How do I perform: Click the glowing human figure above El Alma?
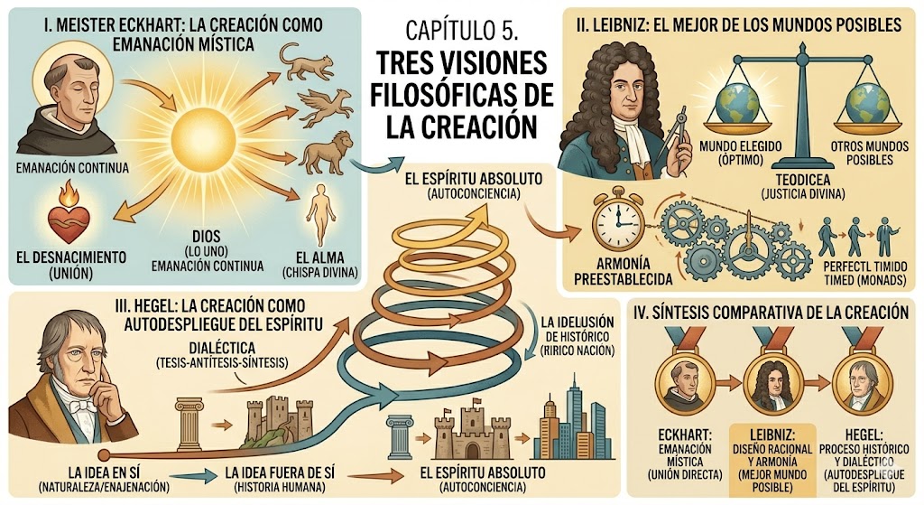320,213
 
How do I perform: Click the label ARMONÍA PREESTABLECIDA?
624,271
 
